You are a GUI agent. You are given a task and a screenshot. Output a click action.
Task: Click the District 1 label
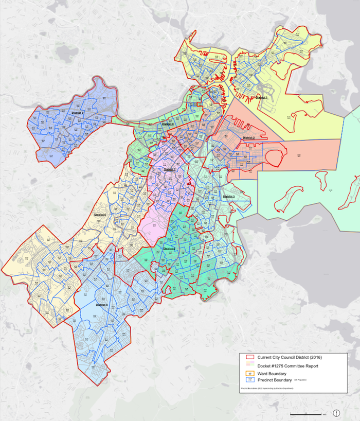click(x=262, y=97)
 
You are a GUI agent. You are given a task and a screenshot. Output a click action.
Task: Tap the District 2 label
click(x=249, y=138)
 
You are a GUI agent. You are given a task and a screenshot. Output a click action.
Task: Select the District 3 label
click(x=229, y=197)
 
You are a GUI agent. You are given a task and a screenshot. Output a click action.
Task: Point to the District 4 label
click(x=169, y=249)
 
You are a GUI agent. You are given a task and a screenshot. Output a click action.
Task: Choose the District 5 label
click(x=101, y=305)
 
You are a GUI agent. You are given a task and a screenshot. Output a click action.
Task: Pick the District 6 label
click(x=101, y=215)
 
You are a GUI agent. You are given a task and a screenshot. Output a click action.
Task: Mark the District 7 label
click(x=170, y=169)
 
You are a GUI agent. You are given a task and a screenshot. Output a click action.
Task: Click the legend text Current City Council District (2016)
click(x=289, y=358)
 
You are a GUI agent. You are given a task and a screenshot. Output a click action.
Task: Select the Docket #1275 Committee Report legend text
click(x=290, y=366)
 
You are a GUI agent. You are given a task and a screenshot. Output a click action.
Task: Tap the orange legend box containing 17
click(x=249, y=374)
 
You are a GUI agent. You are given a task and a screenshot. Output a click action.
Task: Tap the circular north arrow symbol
click(x=337, y=413)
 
